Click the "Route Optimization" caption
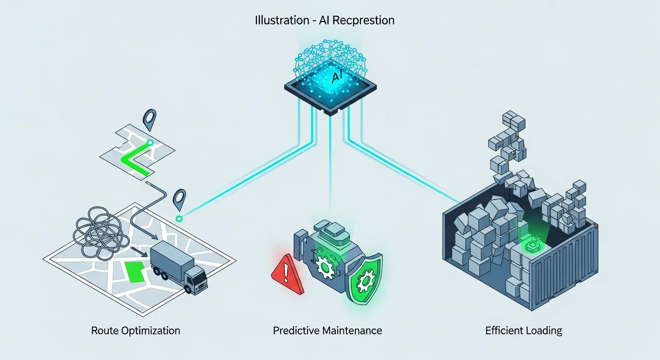[x=135, y=330]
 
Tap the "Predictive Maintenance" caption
[x=327, y=330]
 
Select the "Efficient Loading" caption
[x=524, y=330]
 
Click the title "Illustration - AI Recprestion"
[x=324, y=21]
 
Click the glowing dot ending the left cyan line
[x=178, y=218]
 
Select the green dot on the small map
[x=150, y=142]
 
